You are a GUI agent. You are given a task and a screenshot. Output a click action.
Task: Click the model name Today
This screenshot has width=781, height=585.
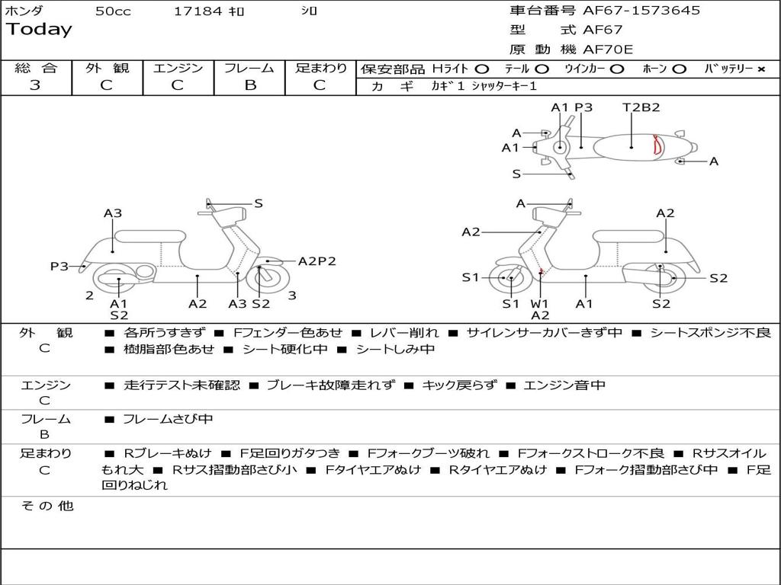[x=39, y=30]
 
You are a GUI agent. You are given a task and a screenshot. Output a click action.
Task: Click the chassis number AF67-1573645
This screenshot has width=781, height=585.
[x=641, y=10]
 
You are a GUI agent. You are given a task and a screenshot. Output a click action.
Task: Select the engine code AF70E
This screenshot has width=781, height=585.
[x=608, y=50]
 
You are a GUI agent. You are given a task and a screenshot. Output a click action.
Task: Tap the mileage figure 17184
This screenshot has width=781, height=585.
[x=198, y=11]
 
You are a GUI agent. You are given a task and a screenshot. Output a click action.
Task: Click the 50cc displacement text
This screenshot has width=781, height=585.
[x=113, y=11]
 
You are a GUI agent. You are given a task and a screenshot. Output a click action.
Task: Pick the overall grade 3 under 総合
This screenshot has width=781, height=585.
[x=35, y=85]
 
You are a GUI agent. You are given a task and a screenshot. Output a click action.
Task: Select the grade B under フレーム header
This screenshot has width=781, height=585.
[x=250, y=85]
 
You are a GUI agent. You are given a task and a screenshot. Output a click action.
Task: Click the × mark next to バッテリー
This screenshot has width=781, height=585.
[x=761, y=69]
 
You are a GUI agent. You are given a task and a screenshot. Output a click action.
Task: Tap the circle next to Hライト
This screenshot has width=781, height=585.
[x=482, y=69]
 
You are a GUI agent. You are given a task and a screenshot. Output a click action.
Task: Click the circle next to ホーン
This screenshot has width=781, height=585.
[x=680, y=69]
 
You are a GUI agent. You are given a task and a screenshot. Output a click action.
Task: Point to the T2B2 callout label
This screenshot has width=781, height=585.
[x=641, y=107]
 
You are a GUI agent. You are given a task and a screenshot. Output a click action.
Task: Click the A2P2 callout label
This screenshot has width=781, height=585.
[x=317, y=261]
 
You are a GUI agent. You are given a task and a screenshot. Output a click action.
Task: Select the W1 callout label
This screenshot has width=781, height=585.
[x=539, y=303]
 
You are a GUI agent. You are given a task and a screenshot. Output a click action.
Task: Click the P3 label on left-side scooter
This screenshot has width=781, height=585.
[x=59, y=266]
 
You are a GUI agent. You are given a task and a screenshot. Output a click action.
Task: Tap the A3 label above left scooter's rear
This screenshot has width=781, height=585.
[x=113, y=213]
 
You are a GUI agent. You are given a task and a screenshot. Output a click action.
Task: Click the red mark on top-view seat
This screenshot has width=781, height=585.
[x=658, y=145]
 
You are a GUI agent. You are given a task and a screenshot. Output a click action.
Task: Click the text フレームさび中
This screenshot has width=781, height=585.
[x=168, y=420]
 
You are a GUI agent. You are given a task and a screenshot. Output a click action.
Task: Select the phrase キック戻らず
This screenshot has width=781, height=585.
[x=459, y=385]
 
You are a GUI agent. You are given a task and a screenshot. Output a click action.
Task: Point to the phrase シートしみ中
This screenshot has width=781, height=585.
[x=396, y=349]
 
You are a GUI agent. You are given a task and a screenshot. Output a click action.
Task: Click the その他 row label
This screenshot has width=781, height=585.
[x=47, y=506]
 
